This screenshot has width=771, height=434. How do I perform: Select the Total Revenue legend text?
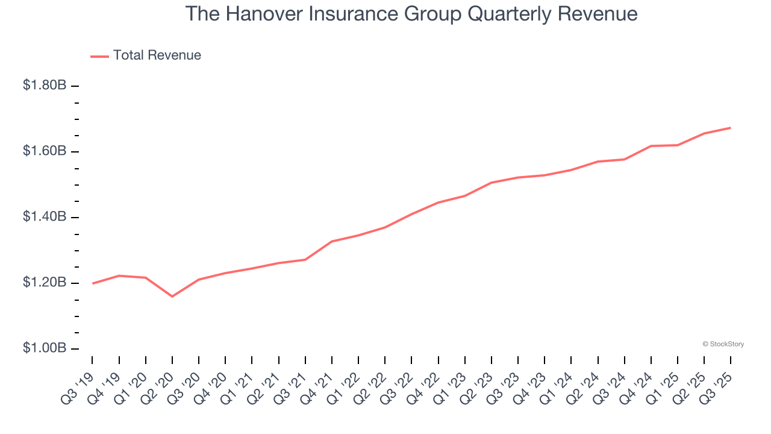point(157,55)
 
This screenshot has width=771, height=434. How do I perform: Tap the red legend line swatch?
point(99,56)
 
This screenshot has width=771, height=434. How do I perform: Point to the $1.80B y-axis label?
point(45,86)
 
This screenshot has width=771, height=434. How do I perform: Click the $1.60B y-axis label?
point(45,151)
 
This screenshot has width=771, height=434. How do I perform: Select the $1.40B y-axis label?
point(45,217)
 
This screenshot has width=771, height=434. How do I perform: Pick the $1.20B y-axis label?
point(45,283)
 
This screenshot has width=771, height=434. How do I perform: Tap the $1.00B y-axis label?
point(45,348)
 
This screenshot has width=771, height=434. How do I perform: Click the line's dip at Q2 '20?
point(172,296)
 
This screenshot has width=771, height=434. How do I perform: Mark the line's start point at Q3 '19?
point(92,283)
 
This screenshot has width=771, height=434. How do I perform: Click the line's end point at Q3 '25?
point(730,128)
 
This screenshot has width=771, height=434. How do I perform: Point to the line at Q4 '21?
point(332,241)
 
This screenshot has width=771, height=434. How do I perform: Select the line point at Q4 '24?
point(651,146)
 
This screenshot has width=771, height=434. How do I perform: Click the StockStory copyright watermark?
point(723,344)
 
